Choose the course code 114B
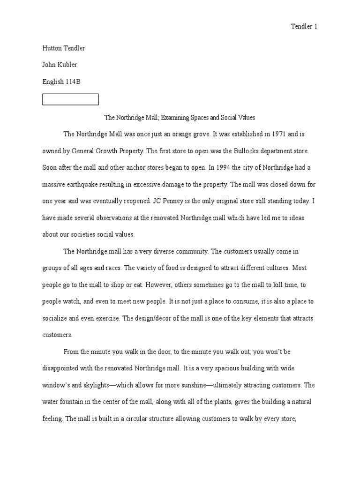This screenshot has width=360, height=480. point(72,82)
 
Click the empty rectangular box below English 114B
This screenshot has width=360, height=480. point(70,99)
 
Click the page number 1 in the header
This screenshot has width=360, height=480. point(315,27)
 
